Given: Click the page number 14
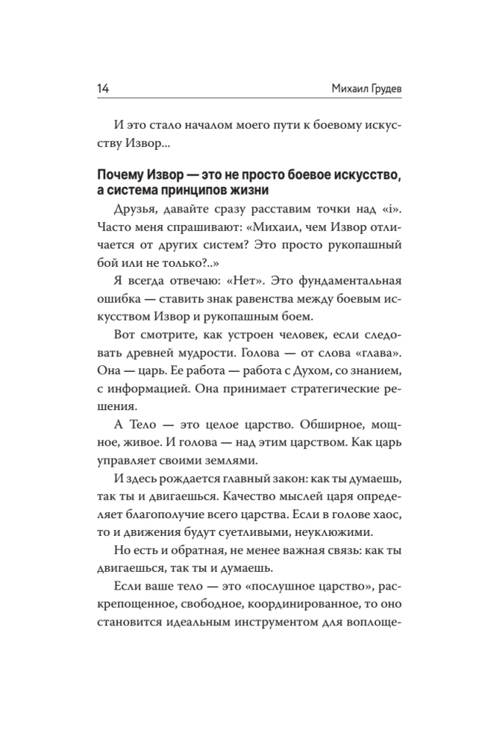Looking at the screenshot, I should pos(102,89).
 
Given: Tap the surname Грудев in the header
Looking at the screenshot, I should pos(359,89).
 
